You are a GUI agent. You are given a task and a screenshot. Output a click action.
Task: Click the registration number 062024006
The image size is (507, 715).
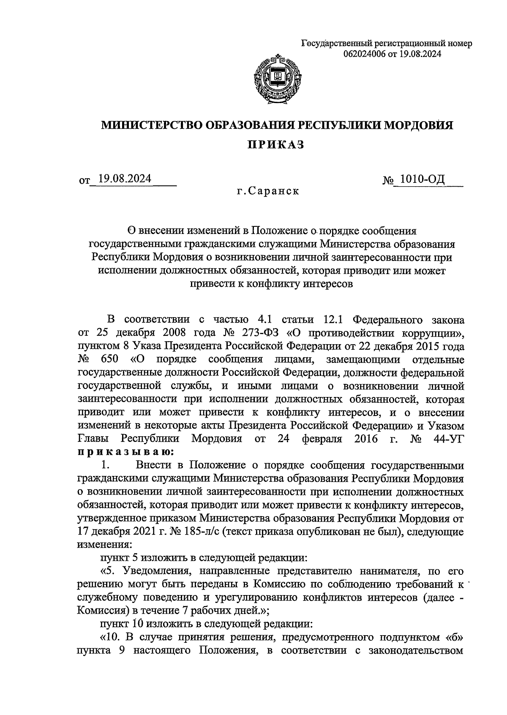coord(365,54)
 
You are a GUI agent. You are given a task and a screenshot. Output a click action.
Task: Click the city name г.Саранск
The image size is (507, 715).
coord(268,191)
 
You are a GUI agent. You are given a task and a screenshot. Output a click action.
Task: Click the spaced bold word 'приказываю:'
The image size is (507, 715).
coord(125,451)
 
